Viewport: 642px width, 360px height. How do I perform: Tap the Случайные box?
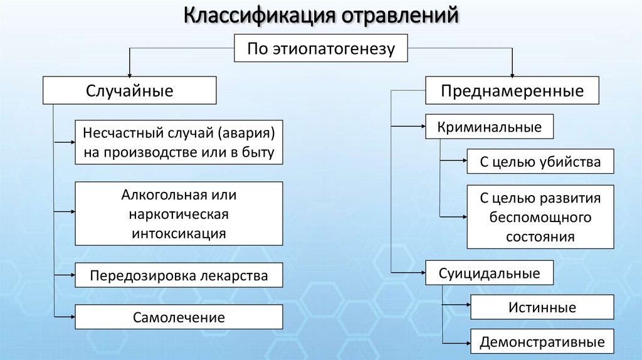click(130, 90)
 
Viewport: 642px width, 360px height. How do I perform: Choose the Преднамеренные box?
click(512, 90)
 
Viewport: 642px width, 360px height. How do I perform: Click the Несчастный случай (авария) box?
click(179, 142)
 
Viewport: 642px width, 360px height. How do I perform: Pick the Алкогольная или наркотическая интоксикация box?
click(179, 214)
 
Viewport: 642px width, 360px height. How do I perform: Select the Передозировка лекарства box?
click(179, 275)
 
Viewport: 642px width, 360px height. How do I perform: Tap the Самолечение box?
click(179, 317)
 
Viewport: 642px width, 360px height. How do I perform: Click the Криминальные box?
click(490, 127)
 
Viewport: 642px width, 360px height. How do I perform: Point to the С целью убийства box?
click(540, 162)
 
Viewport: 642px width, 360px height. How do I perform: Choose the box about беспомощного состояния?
click(540, 217)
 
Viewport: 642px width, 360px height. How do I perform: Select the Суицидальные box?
click(490, 273)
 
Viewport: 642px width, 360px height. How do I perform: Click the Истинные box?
click(542, 307)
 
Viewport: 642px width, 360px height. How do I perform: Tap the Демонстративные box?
click(542, 342)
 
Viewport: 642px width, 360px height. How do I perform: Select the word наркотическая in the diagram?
click(179, 214)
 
